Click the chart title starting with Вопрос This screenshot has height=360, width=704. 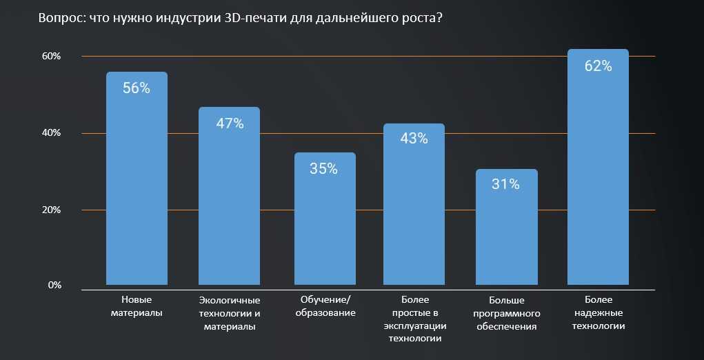click(x=240, y=19)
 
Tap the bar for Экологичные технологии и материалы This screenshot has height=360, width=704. click(x=229, y=207)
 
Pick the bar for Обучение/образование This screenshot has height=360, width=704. click(x=325, y=228)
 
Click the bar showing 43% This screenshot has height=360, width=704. click(x=414, y=214)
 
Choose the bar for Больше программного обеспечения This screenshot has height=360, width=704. click(x=506, y=234)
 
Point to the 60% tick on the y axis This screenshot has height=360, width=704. click(x=52, y=56)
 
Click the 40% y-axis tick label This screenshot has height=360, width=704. click(x=52, y=132)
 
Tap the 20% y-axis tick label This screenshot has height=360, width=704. click(x=52, y=210)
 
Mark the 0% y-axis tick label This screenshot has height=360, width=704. click(x=54, y=285)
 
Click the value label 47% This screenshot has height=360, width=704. click(x=230, y=123)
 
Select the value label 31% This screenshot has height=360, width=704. click(x=505, y=184)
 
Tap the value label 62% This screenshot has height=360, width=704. click(x=598, y=66)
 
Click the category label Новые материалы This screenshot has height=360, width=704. click(x=137, y=306)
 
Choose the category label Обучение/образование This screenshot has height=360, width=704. click(x=325, y=306)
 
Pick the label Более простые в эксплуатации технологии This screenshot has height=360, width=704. click(x=414, y=319)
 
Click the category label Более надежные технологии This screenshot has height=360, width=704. click(x=598, y=312)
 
